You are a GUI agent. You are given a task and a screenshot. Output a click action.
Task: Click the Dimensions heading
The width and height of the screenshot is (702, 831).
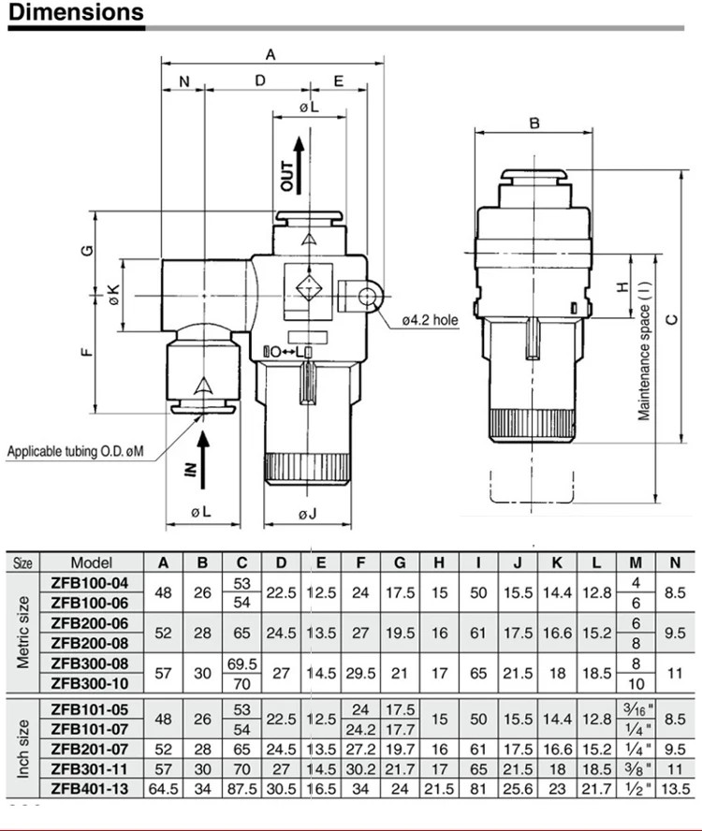(x=76, y=11)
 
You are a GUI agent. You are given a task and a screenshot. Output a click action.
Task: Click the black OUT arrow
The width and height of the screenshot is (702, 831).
(x=299, y=165)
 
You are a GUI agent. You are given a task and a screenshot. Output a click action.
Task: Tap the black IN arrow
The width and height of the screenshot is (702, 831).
(x=202, y=459)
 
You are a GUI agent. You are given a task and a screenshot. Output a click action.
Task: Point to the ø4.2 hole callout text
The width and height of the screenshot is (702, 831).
(x=430, y=320)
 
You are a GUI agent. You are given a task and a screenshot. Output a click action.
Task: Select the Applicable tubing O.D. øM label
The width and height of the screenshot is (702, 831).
(x=75, y=452)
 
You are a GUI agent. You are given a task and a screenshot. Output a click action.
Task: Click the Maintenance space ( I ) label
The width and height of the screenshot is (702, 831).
(x=644, y=350)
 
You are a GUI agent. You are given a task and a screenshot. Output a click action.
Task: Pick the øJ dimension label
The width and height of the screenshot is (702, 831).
(x=307, y=514)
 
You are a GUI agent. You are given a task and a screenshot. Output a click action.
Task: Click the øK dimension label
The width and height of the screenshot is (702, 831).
(x=114, y=295)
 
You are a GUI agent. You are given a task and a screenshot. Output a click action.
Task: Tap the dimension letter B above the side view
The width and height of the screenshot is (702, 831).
(x=534, y=123)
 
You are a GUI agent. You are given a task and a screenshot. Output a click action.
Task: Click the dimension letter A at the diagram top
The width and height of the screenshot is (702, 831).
(x=271, y=54)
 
